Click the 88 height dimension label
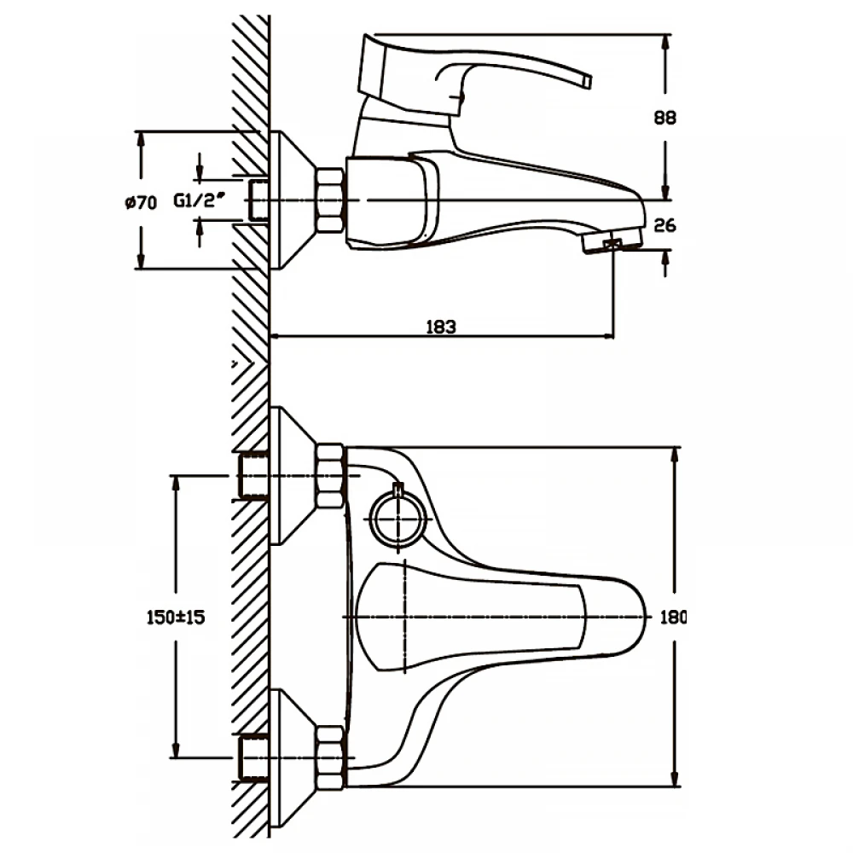point(664,118)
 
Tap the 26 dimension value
point(664,225)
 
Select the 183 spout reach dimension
point(441,327)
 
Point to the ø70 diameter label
point(141,203)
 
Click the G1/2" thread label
point(199,200)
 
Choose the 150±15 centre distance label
point(176,617)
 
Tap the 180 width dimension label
point(673,617)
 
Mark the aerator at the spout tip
point(612,241)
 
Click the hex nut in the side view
point(329,200)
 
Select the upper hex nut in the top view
point(329,476)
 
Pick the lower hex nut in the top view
point(329,757)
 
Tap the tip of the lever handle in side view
point(587,80)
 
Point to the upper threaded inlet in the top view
point(253,476)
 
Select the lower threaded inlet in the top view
point(253,757)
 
